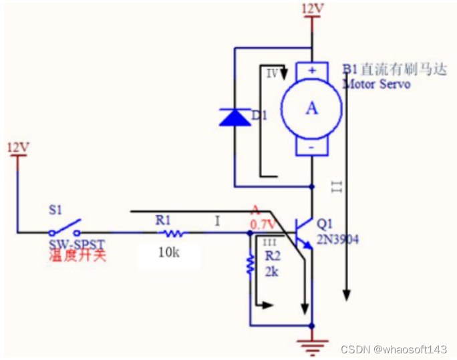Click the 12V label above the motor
click(313, 9)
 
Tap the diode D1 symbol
click(235, 118)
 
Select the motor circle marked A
click(311, 109)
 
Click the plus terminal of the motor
click(312, 69)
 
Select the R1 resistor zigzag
click(172, 233)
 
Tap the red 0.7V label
click(263, 224)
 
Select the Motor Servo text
click(376, 84)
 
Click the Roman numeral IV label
click(272, 73)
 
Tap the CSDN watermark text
click(393, 349)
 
